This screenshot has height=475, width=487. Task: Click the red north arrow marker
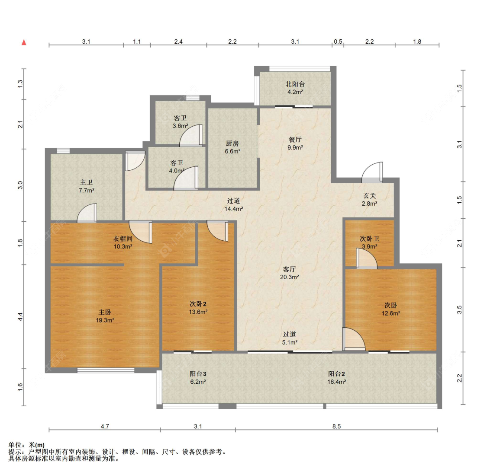(x=24, y=42)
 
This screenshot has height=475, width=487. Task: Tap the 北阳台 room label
(x=295, y=84)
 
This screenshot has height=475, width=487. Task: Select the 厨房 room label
(x=232, y=143)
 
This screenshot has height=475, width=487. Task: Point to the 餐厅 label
(x=295, y=140)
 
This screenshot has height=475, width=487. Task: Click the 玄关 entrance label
(x=370, y=196)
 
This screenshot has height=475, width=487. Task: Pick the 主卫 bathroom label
(x=86, y=183)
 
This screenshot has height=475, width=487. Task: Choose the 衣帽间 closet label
(x=123, y=239)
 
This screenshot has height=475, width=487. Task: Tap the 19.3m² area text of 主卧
(x=105, y=320)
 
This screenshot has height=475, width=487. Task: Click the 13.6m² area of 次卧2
(x=198, y=312)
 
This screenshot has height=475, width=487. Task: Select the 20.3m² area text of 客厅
(x=289, y=277)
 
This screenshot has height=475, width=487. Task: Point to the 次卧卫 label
(x=369, y=239)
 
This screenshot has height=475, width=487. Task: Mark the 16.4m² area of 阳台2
(x=336, y=382)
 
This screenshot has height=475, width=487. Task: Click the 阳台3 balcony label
(x=198, y=374)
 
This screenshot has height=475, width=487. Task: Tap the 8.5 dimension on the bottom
(x=336, y=426)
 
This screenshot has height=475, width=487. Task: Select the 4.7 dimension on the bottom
(x=105, y=426)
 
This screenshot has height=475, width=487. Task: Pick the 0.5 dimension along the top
(x=338, y=41)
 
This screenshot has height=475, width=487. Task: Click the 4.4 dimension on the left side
(x=20, y=316)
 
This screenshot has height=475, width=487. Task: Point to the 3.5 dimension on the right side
(x=459, y=309)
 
